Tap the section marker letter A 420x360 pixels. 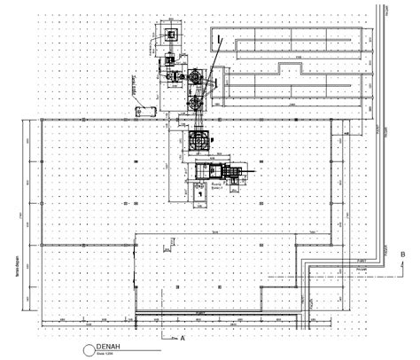pos(182,338)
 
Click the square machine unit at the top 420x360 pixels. pos(169,35)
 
